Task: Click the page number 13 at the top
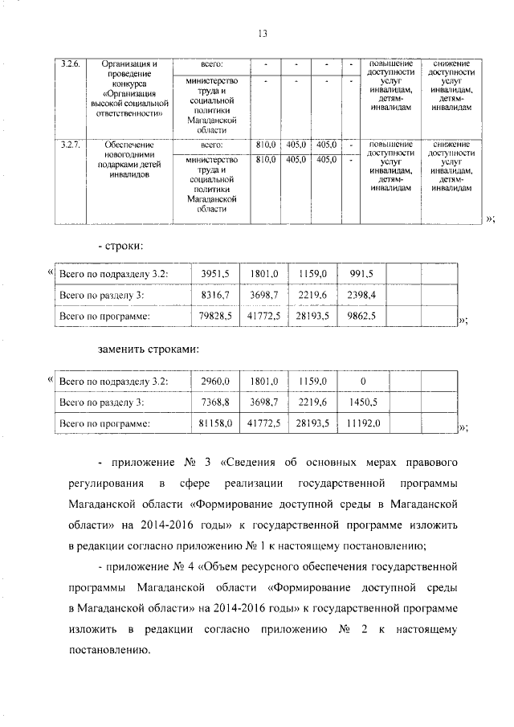262,33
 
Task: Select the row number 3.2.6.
71,63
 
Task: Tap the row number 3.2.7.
71,145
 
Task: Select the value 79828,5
214,317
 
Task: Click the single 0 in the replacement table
363,380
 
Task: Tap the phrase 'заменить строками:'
148,349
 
